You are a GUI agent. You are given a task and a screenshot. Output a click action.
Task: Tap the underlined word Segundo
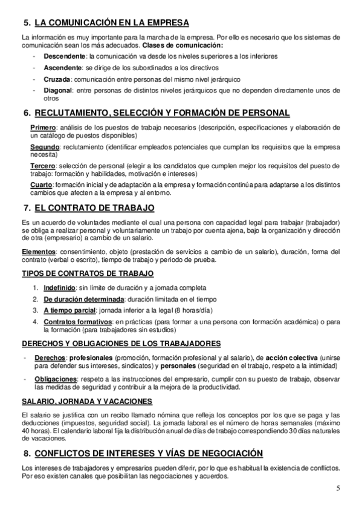45,147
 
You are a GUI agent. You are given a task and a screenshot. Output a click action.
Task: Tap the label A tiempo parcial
70,310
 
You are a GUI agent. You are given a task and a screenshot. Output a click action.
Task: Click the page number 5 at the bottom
338,489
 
